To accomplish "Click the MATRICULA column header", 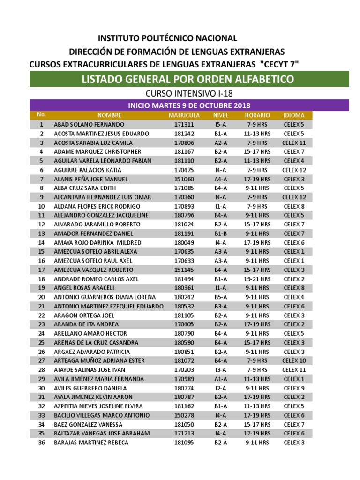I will (184, 115).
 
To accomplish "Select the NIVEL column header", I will (221, 115).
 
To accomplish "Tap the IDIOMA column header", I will (294, 115).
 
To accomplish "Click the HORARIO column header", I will (257, 115).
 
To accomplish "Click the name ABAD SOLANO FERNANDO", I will (89, 125).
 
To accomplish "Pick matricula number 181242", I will (184, 134).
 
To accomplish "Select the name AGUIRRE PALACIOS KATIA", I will (88, 170).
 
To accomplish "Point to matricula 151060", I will (184, 179).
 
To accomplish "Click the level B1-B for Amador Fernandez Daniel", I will (221, 233).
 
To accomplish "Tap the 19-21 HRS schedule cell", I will (257, 279).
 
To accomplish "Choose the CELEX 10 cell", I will (294, 360).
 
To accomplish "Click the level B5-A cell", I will (221, 297).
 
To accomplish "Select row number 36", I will (41, 442).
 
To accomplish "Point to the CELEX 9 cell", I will (294, 388).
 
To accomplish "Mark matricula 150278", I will (184, 415).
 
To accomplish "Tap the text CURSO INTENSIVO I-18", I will (189, 94).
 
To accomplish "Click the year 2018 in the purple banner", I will (241, 105).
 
